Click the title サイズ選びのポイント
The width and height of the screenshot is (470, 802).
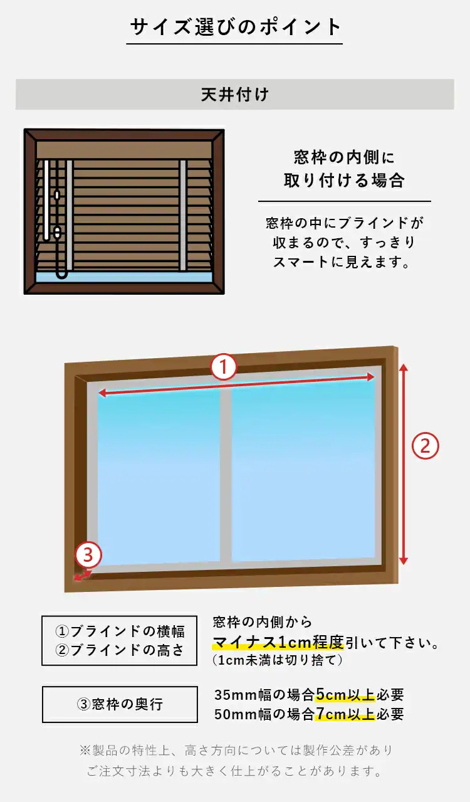[x=235, y=28]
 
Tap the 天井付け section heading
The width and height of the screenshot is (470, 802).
[x=235, y=95]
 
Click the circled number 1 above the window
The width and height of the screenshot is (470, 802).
[x=224, y=367]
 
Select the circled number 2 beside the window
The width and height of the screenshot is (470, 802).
[x=425, y=446]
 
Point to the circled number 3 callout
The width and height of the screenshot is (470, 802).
[x=88, y=554]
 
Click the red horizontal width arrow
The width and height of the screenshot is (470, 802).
[x=236, y=384]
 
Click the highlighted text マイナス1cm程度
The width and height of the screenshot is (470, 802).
[x=278, y=643]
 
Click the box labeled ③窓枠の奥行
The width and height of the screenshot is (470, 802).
[x=120, y=704]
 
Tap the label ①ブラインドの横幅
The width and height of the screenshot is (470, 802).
[x=120, y=631]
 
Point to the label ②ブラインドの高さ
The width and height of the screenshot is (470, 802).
[x=120, y=650]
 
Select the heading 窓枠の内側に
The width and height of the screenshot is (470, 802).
[x=344, y=157]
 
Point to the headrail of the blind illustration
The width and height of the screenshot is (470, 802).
[x=124, y=149]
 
